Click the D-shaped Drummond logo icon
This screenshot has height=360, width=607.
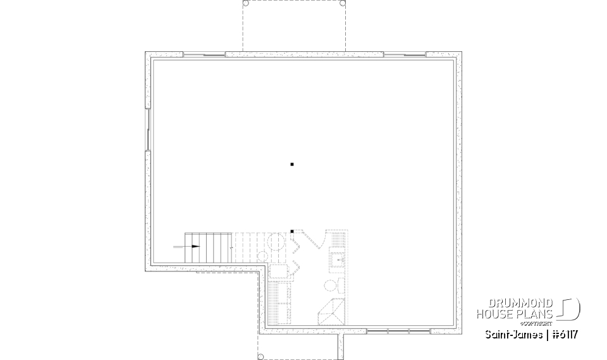[570, 309]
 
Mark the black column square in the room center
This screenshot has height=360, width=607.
[292, 164]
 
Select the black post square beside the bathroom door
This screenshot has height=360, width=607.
[291, 231]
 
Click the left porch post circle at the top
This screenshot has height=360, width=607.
[246, 3]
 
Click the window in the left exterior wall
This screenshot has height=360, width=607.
[148, 130]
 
